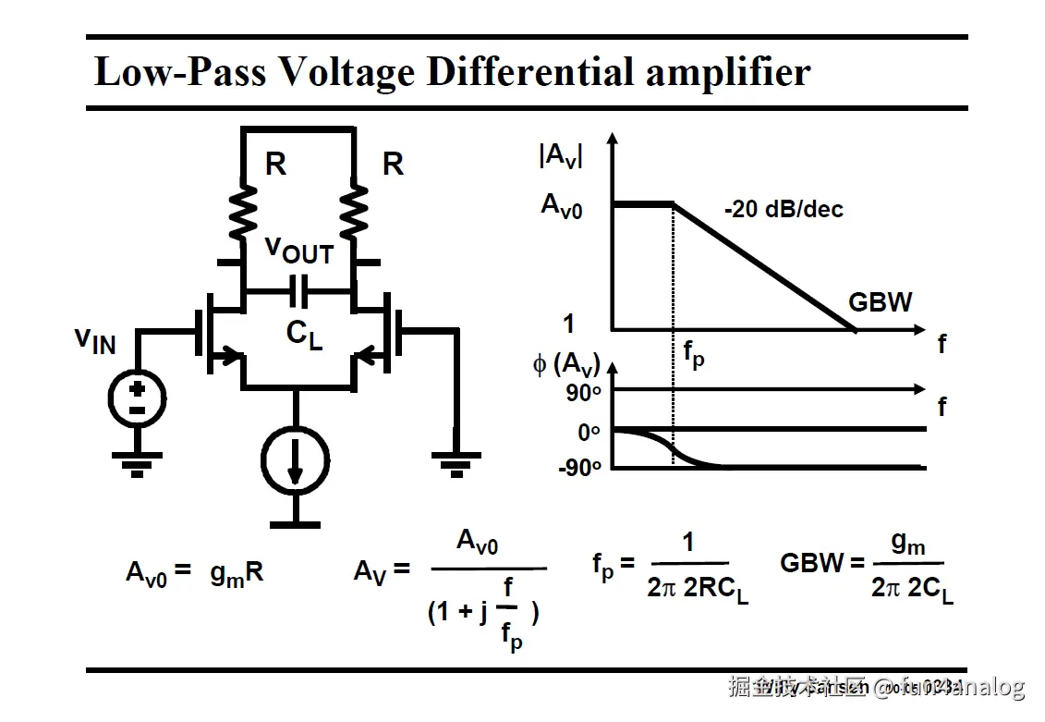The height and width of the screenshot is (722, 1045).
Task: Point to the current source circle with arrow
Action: [294, 458]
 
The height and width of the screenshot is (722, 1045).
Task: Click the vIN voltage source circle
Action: [137, 398]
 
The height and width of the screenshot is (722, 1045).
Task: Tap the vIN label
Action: [95, 340]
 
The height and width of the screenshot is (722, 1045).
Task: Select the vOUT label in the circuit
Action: [298, 250]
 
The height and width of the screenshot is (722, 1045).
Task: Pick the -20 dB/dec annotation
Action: [784, 210]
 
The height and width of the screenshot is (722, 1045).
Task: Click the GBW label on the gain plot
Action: [881, 302]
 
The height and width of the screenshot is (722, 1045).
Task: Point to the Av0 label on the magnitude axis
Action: [562, 205]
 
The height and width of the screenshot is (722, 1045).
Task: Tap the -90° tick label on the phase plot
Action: [579, 468]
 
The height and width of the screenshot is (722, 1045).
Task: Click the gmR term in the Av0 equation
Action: [237, 573]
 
